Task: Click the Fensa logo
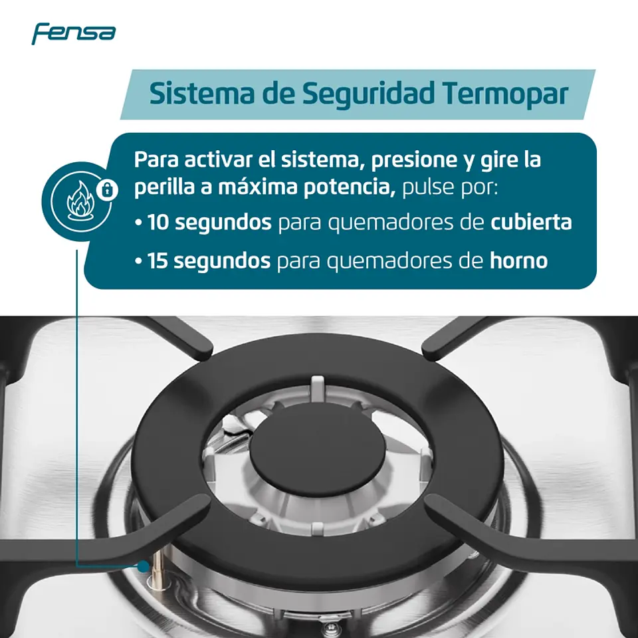tap(73, 33)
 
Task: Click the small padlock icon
tap(107, 189)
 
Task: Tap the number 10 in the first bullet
tap(158, 222)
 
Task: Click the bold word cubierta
tap(531, 222)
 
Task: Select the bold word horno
tap(518, 261)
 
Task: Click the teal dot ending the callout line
tap(143, 566)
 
